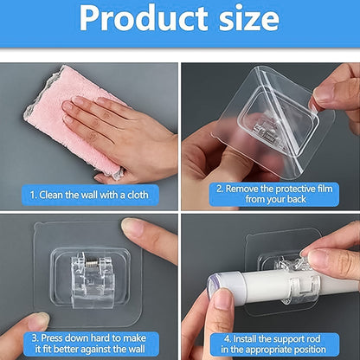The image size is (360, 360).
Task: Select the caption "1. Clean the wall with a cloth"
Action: tap(89, 195)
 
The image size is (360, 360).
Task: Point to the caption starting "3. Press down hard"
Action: tap(89, 341)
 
